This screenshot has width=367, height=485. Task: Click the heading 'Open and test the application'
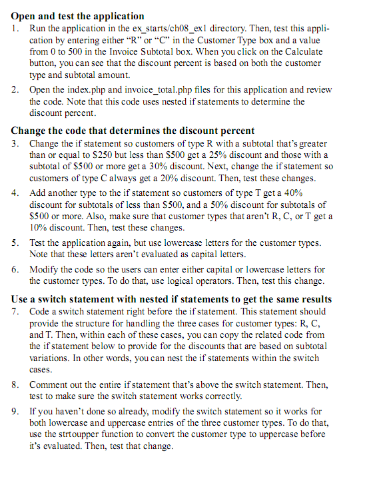pos(77,15)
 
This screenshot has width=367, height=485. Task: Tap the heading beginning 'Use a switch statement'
pos(171,299)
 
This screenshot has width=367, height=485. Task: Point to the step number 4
pos(15,193)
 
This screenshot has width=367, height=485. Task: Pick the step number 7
pos(15,311)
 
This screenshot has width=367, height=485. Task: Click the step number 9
pos(15,411)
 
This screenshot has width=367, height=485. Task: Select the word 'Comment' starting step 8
pos(51,384)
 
